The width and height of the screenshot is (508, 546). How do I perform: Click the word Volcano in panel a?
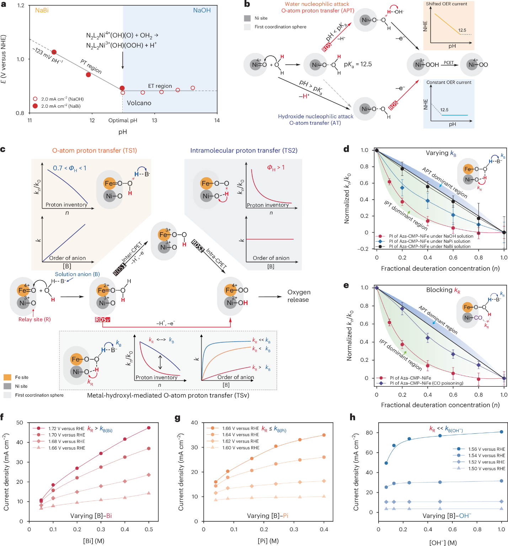pos(139,103)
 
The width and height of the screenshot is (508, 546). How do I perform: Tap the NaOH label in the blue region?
pos(202,10)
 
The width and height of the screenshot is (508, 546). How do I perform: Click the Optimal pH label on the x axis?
pos(123,121)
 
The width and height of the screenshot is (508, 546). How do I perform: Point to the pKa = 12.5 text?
pos(358,64)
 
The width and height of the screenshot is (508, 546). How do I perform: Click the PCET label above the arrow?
pos(449,63)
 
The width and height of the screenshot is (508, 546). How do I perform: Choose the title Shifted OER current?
pos(446,4)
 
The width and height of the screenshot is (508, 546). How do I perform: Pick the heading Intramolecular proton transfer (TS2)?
pos(244,150)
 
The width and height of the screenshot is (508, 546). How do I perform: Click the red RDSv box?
pos(102,320)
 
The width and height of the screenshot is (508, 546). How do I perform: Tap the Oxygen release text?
pos(299,296)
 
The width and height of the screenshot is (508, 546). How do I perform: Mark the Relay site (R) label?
pos(34,319)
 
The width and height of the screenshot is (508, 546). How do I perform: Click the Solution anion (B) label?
pos(77,274)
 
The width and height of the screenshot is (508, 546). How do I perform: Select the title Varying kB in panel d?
pos(441,153)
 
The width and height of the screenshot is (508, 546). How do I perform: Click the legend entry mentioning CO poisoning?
pos(426,383)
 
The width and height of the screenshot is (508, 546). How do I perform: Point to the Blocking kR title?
pos(443,290)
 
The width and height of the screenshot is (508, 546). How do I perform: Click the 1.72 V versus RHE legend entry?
pos(66,428)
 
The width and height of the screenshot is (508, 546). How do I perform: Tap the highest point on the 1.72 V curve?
pos(149,428)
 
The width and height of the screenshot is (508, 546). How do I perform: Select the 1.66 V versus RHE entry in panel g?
pos(240,428)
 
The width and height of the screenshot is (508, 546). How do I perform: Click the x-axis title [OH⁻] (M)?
pos(443,542)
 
